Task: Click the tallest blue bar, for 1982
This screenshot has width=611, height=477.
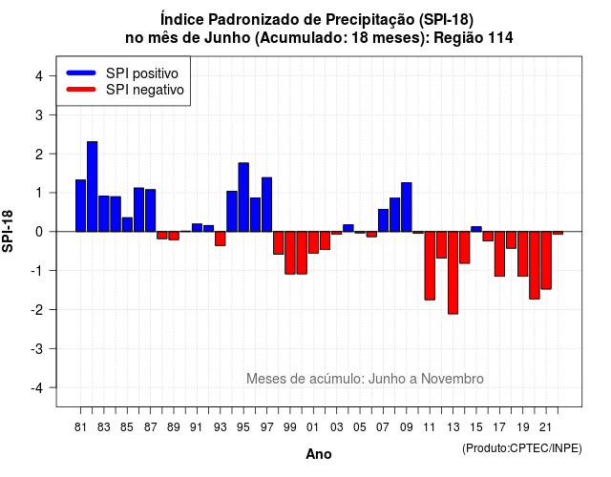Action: tap(93, 187)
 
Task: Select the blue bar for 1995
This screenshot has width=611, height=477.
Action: tap(243, 197)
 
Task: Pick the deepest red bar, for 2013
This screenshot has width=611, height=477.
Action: tap(453, 273)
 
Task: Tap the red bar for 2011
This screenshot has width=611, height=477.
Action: tap(430, 265)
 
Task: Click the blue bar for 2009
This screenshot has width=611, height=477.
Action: tap(407, 207)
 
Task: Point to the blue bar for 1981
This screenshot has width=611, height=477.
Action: tap(80, 206)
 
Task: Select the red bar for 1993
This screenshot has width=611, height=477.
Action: tap(221, 238)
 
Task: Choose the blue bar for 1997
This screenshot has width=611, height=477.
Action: tap(267, 204)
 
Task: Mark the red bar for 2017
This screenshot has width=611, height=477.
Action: tap(499, 254)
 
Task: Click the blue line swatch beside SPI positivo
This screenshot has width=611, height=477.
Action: tap(81, 73)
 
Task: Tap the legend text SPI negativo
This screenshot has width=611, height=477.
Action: tap(145, 90)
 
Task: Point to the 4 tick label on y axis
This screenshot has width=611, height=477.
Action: tap(39, 76)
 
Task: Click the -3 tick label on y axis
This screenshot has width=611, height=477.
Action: tap(37, 349)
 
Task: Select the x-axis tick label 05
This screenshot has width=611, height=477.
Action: tap(360, 427)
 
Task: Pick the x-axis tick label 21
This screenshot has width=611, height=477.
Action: tap(546, 427)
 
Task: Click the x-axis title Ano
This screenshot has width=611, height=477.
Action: tap(319, 454)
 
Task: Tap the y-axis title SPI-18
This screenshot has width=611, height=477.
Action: tap(8, 231)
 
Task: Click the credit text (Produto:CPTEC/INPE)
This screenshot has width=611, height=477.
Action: tap(522, 448)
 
